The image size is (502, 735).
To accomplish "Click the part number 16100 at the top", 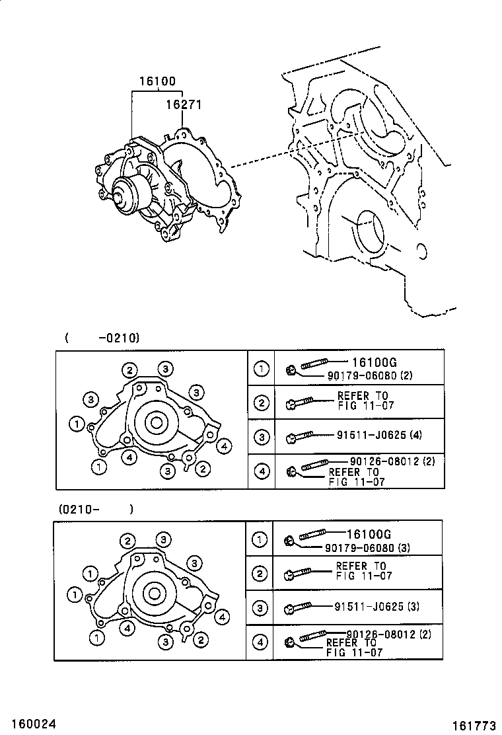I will (x=157, y=82).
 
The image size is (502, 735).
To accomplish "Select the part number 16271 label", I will (x=183, y=104).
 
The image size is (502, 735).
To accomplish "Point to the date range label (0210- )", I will (x=96, y=509).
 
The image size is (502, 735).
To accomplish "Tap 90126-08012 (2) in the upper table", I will (x=387, y=461).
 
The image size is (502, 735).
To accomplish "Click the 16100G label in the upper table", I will (x=374, y=362).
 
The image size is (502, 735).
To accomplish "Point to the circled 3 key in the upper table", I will (x=262, y=437).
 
